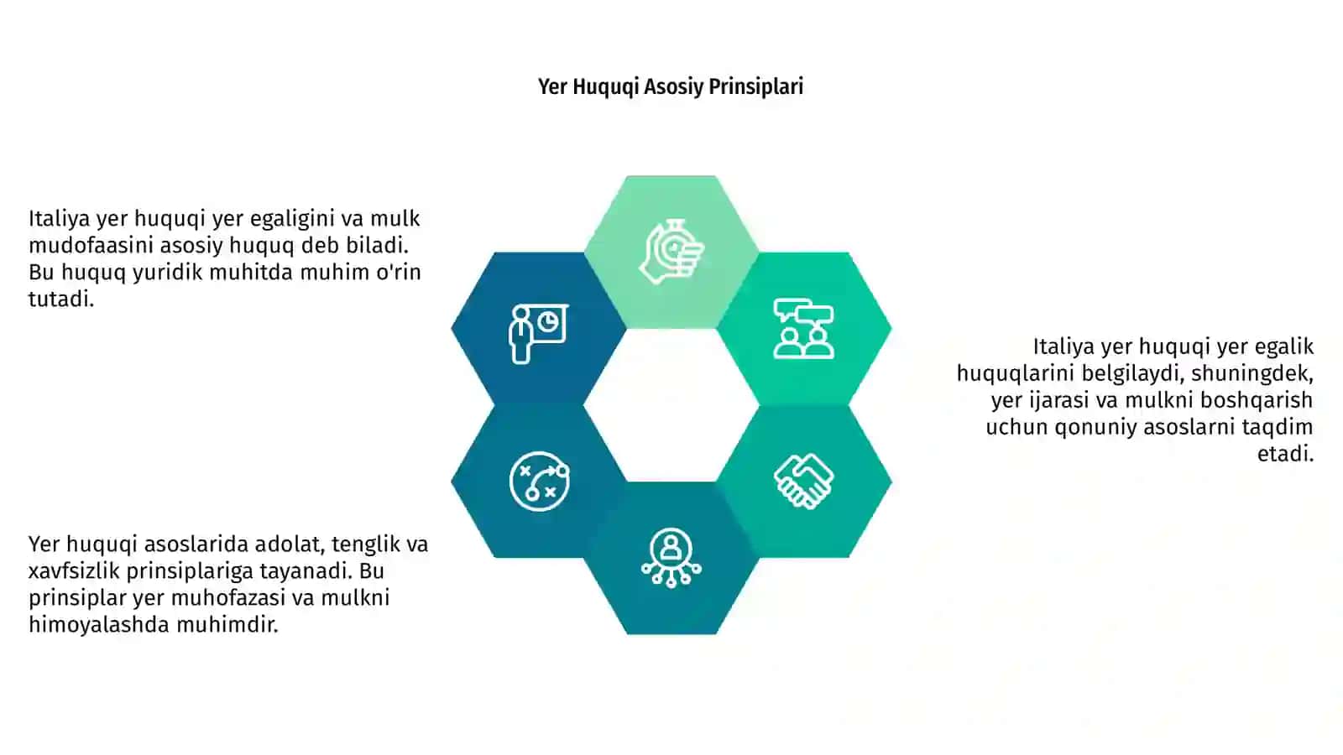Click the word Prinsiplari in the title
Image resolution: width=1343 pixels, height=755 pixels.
coord(755,87)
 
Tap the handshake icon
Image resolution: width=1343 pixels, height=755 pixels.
coord(803,482)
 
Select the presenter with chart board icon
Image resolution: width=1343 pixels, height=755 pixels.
coord(539,333)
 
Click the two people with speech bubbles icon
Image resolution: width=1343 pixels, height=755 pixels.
coord(803,328)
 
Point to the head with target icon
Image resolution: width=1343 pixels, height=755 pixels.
coord(671,252)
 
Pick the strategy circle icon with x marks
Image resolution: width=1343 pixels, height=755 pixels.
coord(539,482)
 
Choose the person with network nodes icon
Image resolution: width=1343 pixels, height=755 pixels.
coord(671,558)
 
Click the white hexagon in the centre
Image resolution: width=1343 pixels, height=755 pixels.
coord(671,405)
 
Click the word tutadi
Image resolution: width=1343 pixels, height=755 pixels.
coord(61,299)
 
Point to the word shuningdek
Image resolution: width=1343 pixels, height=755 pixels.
coord(1252,374)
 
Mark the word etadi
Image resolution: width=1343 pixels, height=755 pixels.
coord(1285,454)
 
